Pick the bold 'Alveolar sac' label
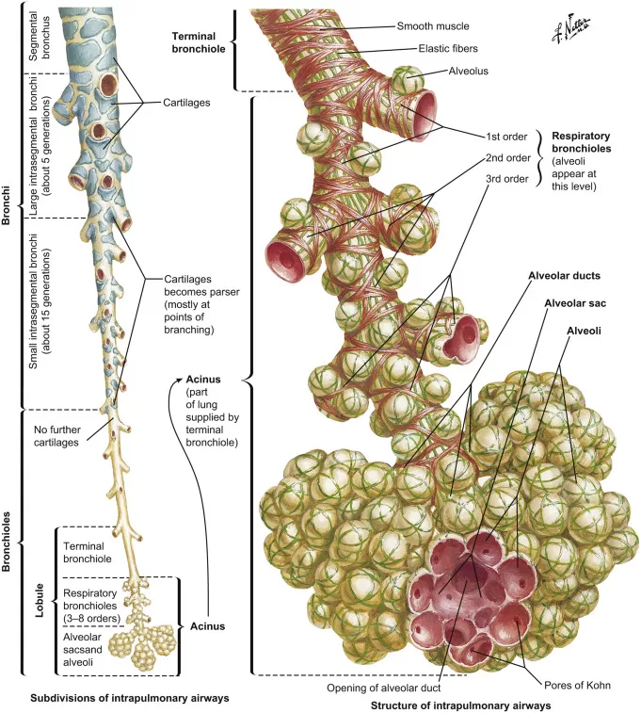pos(573,304)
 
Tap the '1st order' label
pos(507,137)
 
